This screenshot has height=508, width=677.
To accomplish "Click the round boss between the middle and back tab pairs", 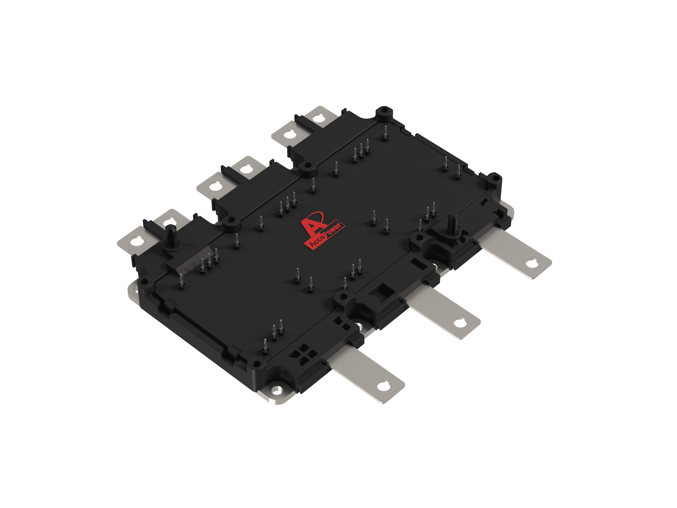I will (x=306, y=168).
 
